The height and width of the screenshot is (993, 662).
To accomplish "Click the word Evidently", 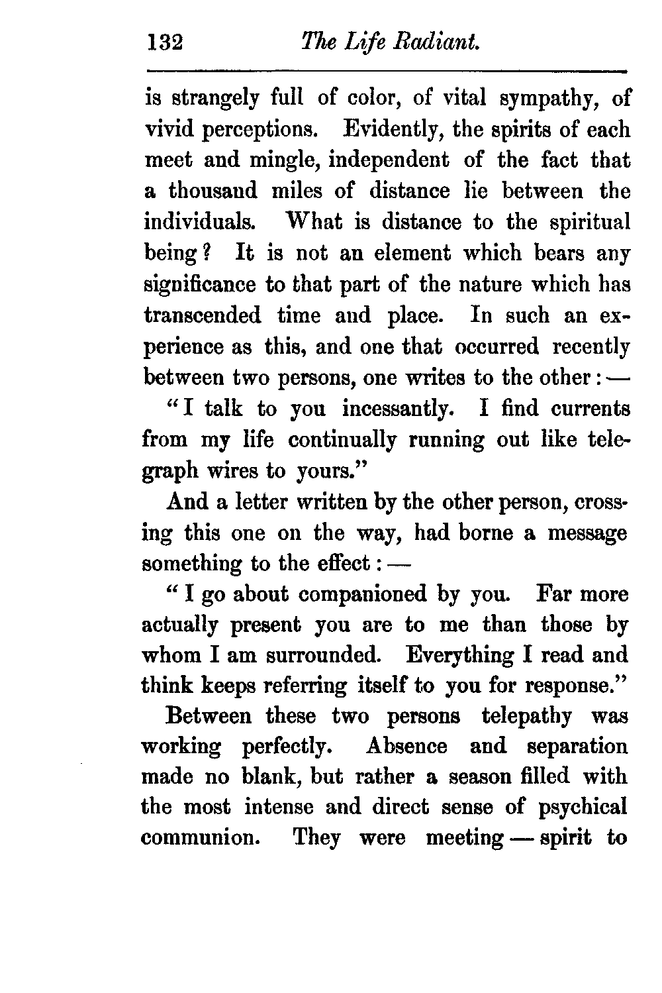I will (393, 130).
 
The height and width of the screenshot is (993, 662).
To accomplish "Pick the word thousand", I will (213, 191).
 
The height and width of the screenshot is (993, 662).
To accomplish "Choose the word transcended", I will (202, 315).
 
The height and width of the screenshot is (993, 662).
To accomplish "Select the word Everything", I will (459, 656).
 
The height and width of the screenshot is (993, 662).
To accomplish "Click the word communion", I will (199, 838).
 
